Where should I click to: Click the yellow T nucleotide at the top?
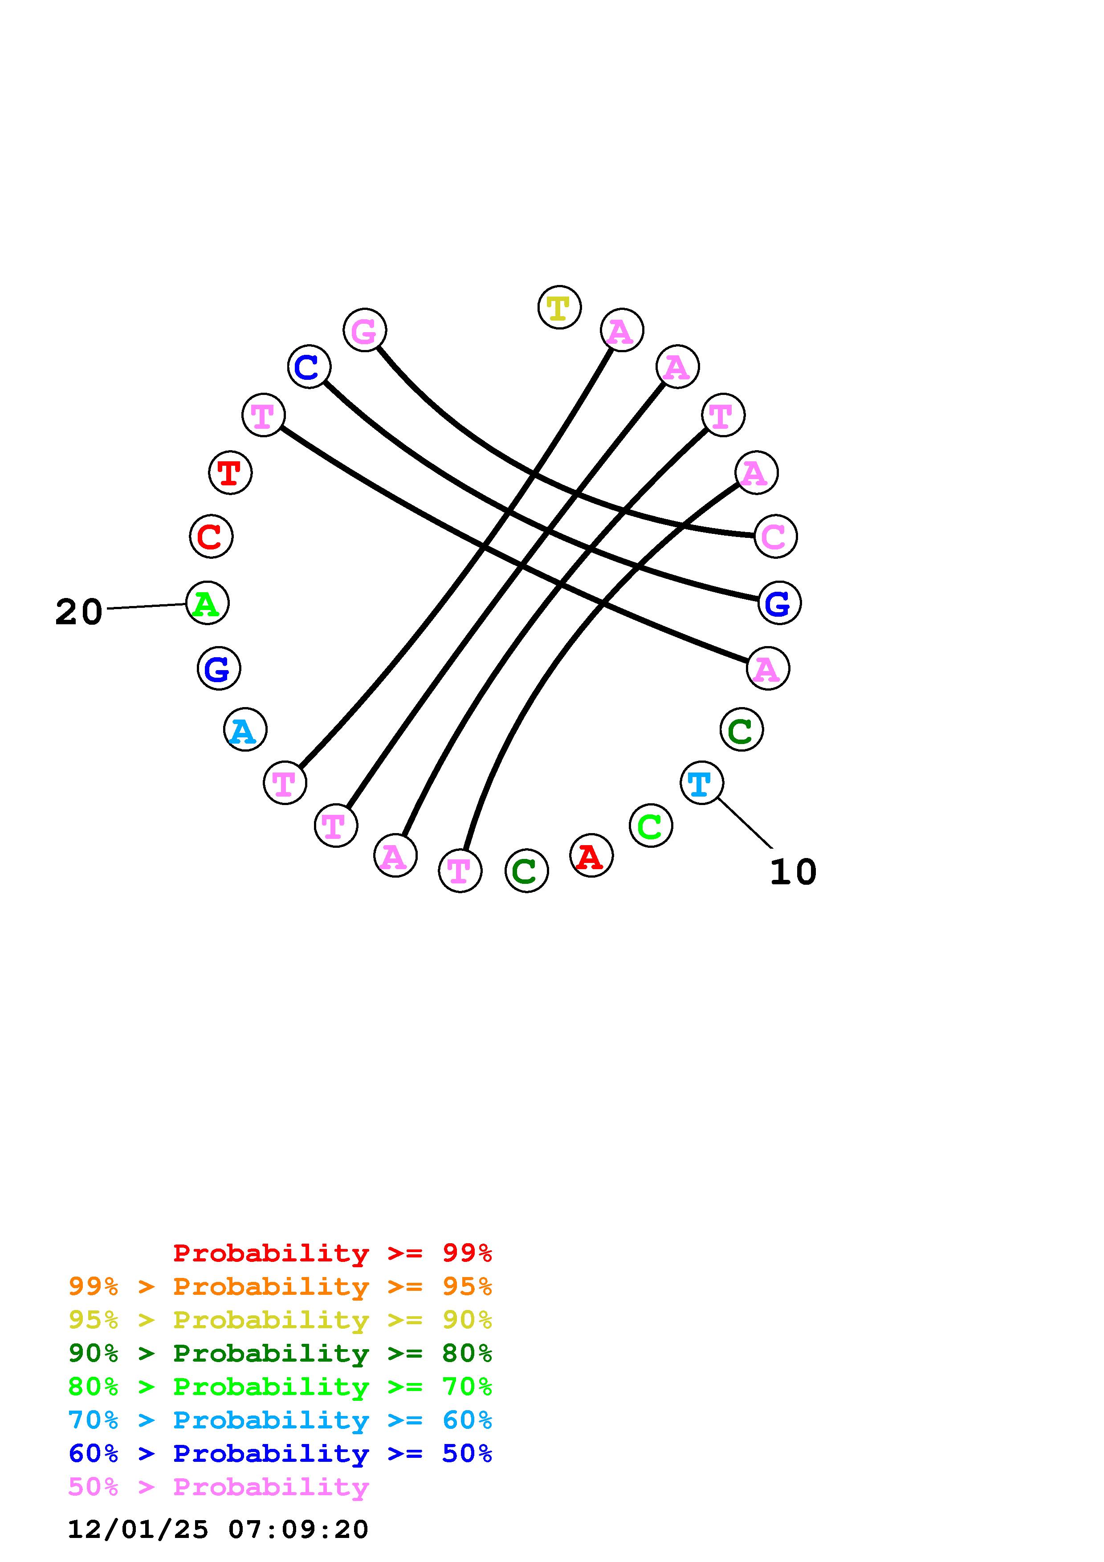pos(559,308)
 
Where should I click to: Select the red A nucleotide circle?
pos(591,855)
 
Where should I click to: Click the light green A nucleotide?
pos(207,603)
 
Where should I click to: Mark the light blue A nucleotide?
pos(245,729)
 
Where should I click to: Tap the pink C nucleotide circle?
pos(775,536)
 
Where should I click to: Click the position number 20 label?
pos(79,612)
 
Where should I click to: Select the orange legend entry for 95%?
pos(280,1286)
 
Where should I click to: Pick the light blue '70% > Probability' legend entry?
pos(280,1420)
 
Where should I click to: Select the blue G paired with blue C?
pos(779,603)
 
